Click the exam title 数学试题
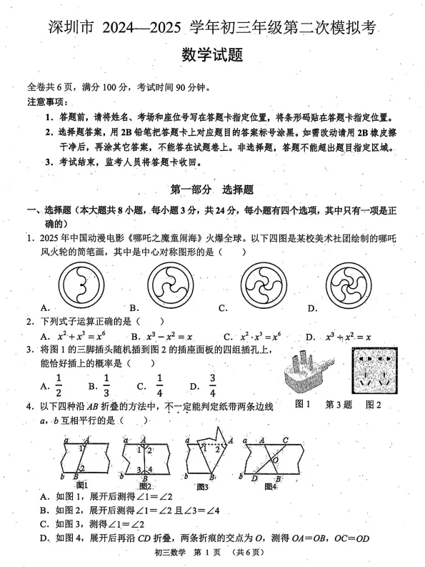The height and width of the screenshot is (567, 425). [212, 56]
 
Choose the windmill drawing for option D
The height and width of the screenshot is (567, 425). [330, 285]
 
